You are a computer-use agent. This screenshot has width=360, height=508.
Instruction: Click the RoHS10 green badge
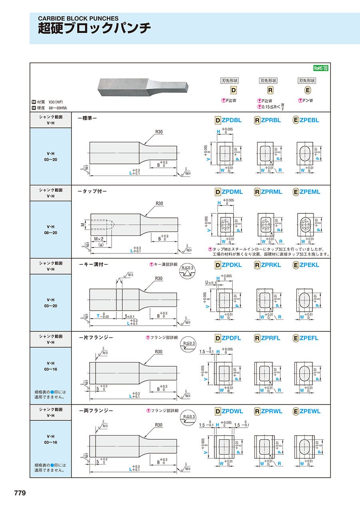pos(321,68)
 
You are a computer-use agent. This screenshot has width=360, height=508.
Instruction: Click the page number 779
pos(20,493)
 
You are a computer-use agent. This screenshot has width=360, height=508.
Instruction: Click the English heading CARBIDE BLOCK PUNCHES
pos(78,18)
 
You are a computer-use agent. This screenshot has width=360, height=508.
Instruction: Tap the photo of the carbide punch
pos(143,86)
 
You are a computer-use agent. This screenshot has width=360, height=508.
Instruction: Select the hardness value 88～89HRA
pos(58,108)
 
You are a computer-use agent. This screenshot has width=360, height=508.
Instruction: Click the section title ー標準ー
pos(87,118)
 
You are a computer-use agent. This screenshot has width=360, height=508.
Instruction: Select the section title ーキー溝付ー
pos(94,264)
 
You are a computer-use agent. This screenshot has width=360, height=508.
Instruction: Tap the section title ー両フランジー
pos(96,410)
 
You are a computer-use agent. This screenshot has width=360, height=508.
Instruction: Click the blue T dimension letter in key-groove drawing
pos(98,316)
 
